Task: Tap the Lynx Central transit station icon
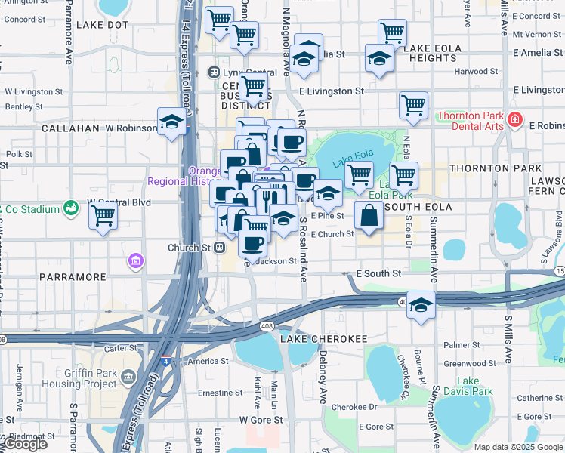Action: tap(214, 72)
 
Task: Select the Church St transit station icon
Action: tap(220, 247)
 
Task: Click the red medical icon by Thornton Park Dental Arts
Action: tap(515, 119)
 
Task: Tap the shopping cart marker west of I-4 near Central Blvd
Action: tap(103, 216)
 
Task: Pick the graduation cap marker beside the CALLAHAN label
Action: tap(172, 122)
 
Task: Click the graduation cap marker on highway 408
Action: tap(421, 305)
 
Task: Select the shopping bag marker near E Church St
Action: tap(368, 216)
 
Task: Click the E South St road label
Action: tap(379, 273)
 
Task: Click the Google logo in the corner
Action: tap(25, 444)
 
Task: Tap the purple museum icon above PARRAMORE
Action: tap(136, 261)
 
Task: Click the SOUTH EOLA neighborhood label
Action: tap(418, 206)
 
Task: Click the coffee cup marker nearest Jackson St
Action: tap(252, 243)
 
